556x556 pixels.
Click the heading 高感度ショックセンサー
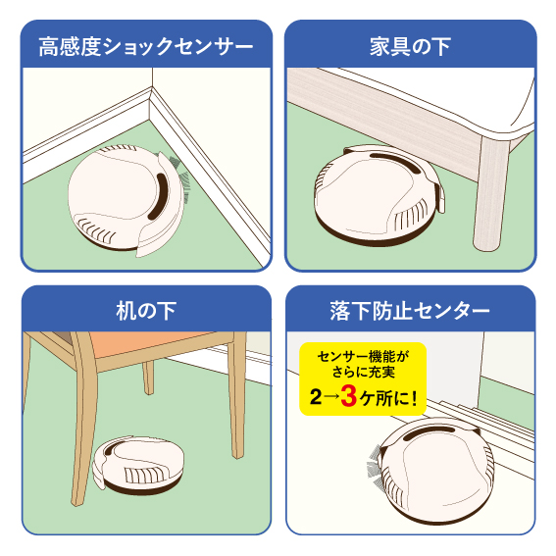point(146,46)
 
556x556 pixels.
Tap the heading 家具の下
point(410,46)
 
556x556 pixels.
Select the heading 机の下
point(146,311)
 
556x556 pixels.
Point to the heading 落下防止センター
point(410,311)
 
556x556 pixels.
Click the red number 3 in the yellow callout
point(348,396)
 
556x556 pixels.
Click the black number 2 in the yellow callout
point(316,397)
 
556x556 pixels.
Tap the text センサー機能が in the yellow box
point(363,356)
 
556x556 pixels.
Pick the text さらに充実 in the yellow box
point(363,372)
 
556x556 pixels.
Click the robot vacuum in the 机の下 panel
point(138,465)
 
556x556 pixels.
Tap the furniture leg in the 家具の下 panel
point(490,193)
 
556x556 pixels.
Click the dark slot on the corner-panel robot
point(158,196)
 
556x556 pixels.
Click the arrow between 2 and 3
point(331,397)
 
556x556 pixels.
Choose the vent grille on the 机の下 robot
point(146,474)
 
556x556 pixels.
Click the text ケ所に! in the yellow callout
point(388,398)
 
